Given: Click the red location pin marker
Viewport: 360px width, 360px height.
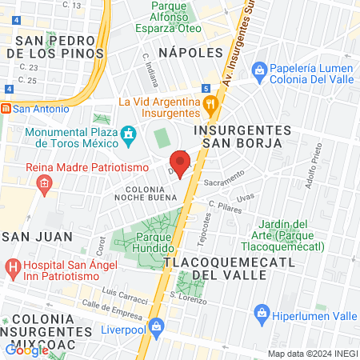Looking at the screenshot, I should tap(180, 164).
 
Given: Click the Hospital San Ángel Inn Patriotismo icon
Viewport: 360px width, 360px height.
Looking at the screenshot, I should tap(12, 266).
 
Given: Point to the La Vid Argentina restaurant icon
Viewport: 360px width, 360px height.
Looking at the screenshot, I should tap(209, 102).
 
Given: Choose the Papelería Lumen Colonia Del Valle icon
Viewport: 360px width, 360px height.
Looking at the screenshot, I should tap(259, 70).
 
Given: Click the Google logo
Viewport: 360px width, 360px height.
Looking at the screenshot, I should tap(26, 349).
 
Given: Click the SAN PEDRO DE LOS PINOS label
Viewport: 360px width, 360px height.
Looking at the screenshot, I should tap(54, 47).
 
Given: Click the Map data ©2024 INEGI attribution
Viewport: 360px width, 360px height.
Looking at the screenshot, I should tap(312, 354).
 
